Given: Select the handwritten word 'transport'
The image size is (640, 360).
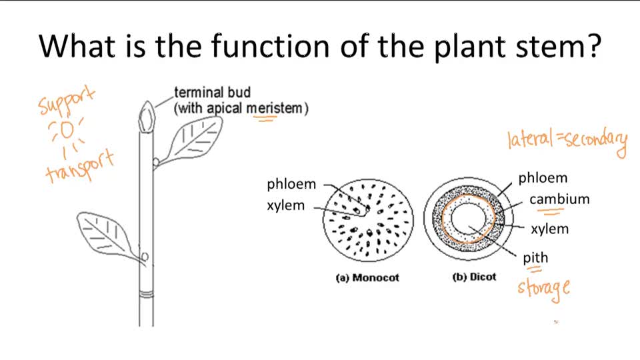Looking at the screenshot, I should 80,167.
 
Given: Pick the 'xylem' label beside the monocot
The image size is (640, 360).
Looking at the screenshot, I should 285,205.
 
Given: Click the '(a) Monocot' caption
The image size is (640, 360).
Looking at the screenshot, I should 367,278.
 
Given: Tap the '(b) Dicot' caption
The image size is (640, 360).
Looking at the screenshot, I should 474,277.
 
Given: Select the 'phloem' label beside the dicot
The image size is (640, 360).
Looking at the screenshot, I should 543,178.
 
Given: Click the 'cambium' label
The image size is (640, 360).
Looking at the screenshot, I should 559,199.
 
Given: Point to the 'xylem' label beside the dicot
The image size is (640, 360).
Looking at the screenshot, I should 549,229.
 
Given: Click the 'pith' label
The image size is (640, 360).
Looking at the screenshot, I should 535,257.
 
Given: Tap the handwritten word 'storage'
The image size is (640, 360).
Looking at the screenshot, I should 544,289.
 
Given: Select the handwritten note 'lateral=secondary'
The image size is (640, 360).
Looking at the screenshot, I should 567,141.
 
